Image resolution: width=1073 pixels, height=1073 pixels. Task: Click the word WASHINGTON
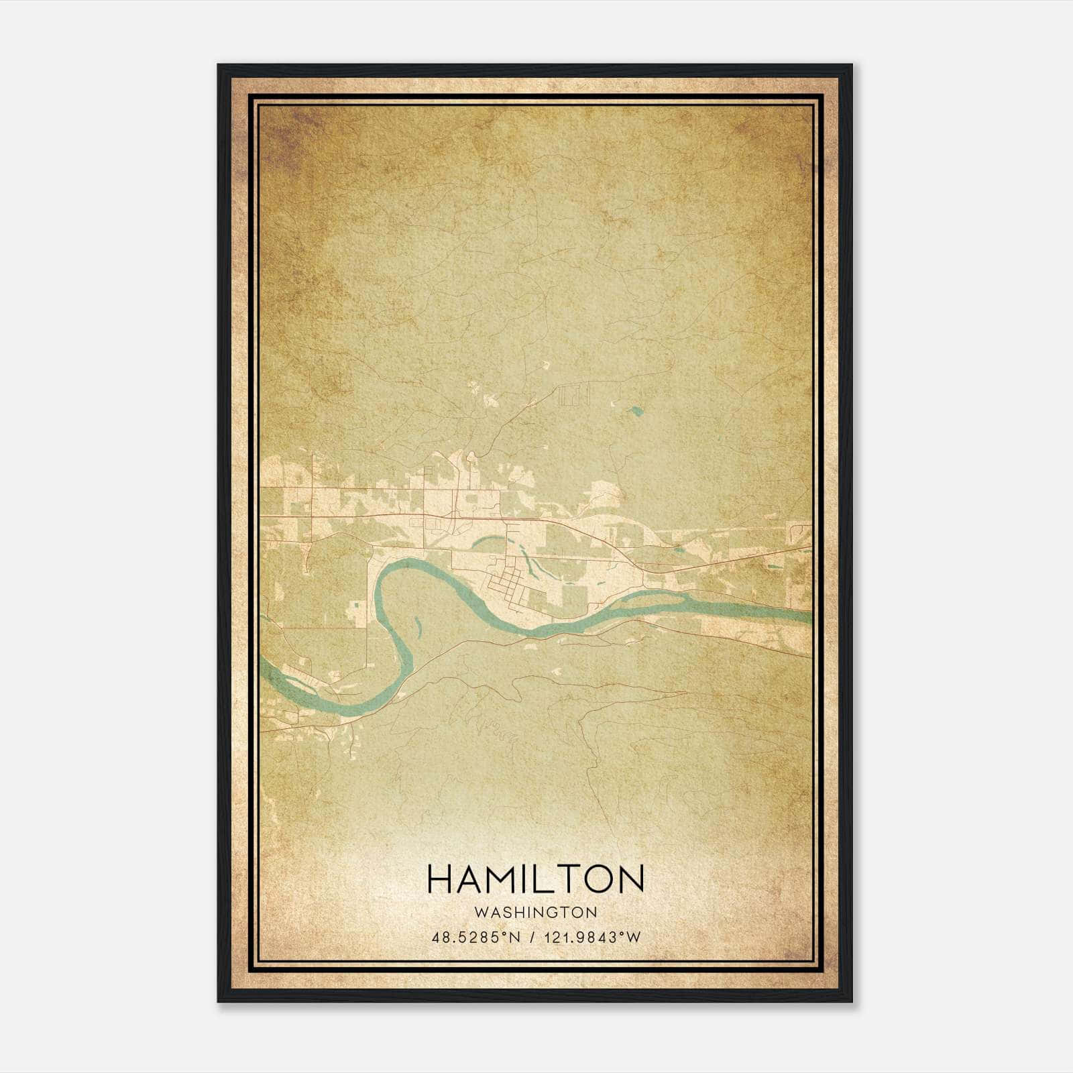point(535,912)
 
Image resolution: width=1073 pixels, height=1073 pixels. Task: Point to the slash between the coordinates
point(532,938)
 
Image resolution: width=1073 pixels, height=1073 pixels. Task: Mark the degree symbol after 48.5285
point(508,934)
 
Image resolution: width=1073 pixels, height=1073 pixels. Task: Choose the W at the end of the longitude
point(634,938)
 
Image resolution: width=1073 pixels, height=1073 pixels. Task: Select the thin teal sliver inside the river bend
point(418,627)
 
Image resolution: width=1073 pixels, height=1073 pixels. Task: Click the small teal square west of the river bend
point(354,609)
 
